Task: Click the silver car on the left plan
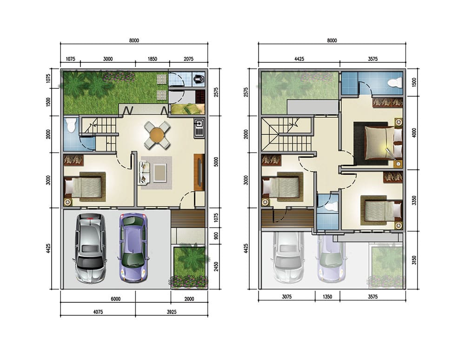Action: tap(91, 248)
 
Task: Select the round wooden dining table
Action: tap(157, 135)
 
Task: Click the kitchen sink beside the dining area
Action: tap(199, 128)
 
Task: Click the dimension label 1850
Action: tap(152, 59)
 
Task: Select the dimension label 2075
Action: tap(188, 59)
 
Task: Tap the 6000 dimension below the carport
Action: tap(116, 299)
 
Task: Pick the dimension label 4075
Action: tap(98, 312)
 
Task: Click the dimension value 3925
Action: tap(172, 312)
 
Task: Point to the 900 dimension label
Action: tap(216, 236)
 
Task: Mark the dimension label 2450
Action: tap(216, 267)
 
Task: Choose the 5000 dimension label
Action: tap(216, 161)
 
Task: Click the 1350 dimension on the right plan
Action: tap(327, 297)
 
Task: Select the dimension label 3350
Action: tap(414, 200)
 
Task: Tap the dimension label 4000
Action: tap(414, 132)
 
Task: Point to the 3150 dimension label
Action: tap(414, 260)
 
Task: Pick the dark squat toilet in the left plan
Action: tap(199, 79)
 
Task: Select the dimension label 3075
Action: tap(286, 297)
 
